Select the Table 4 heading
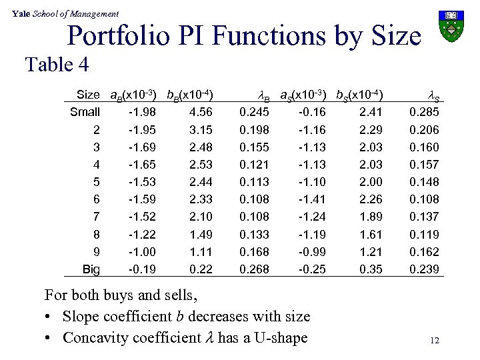coord(57,65)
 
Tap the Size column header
coord(88,95)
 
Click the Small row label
coord(85,112)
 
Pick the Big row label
coord(90,269)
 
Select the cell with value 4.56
coord(200,112)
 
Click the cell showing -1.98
coord(142,112)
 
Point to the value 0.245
coord(254,112)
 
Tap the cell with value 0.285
coord(424,112)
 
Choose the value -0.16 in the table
coord(311,112)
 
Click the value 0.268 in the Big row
coord(254,269)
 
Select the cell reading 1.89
coord(371,217)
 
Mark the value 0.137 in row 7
coord(424,217)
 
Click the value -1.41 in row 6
coord(311,199)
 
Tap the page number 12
coord(435,341)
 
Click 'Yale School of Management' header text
coord(61,13)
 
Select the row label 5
coord(96,182)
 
